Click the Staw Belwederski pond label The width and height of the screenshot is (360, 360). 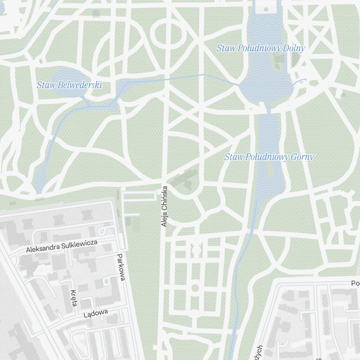(69, 85)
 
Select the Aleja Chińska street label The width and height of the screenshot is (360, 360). (165, 206)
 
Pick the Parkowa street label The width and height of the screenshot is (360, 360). (121, 267)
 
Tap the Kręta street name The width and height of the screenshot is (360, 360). (74, 298)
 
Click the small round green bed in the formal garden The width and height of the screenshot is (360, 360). (195, 288)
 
